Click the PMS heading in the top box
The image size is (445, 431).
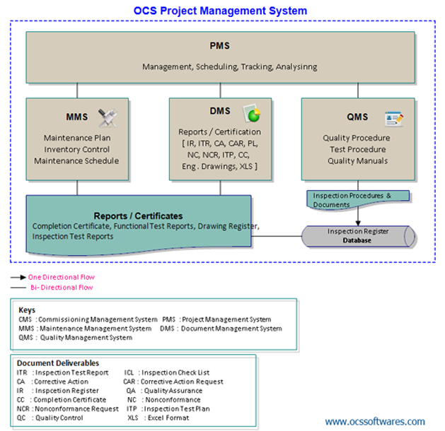coord(219,47)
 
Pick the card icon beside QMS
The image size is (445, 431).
coord(393,118)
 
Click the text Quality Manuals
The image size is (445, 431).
coord(357,160)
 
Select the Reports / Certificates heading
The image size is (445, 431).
coord(138,215)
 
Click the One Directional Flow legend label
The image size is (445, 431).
coord(61,277)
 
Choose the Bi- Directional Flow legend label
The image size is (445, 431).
coord(61,288)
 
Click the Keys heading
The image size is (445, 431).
coord(28,309)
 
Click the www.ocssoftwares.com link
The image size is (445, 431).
coord(375,421)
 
